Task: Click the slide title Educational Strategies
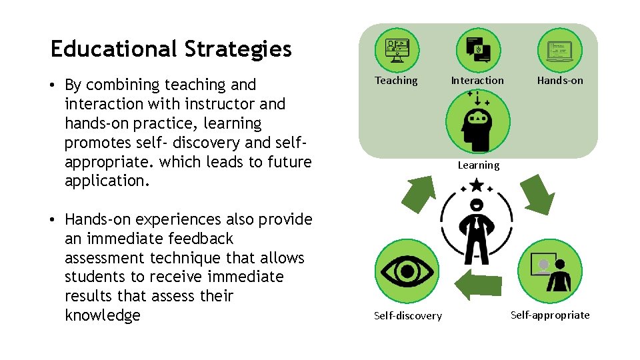point(171,49)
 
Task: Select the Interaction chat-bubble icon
point(477,50)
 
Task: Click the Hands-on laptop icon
point(560,50)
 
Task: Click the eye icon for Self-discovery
point(407,271)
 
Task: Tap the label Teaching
point(396,81)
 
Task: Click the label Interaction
point(477,81)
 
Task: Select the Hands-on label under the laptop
point(560,81)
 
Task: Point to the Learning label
point(478,165)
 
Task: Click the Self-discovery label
point(408,315)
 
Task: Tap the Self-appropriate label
point(550,315)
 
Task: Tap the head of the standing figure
point(477,204)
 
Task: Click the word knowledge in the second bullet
point(103,315)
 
